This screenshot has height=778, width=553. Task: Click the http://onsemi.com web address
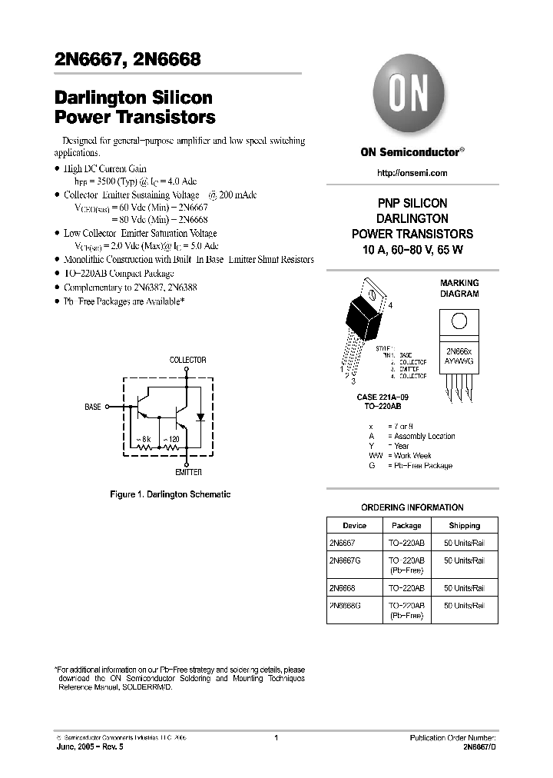point(412,173)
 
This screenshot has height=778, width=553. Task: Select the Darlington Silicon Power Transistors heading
point(134,108)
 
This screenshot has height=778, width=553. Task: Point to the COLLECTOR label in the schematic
point(187,360)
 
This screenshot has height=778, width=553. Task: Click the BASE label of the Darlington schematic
point(93,407)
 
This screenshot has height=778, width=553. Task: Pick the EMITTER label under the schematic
point(187,472)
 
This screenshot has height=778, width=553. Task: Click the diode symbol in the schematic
point(201,417)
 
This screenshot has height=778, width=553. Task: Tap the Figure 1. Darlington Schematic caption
point(171,494)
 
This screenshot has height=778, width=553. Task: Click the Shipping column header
point(464,526)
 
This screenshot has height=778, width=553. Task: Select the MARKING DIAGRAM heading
point(459,288)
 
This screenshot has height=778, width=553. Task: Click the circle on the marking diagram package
point(459,321)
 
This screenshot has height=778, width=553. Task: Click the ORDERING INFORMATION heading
point(412,507)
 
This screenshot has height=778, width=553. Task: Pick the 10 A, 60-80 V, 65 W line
point(412,249)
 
